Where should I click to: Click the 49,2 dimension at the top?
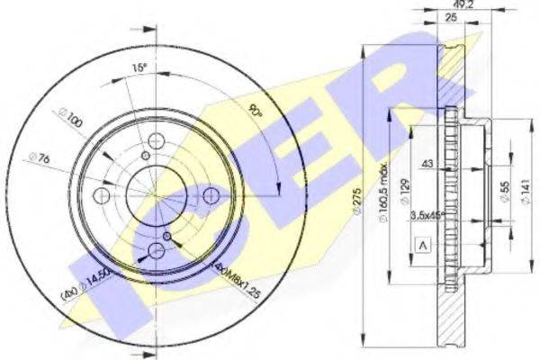(441, 4)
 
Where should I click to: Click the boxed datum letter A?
(421, 244)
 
